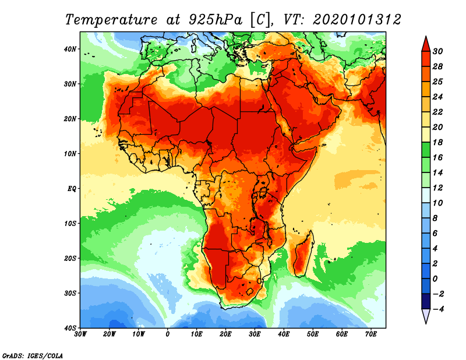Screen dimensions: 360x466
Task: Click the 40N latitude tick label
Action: pos(70,49)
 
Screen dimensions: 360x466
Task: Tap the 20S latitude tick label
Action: pos(70,258)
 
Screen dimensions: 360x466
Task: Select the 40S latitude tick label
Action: pos(70,328)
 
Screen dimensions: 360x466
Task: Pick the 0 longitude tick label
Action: pos(168,334)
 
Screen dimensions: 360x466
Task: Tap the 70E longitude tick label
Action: pos(370,334)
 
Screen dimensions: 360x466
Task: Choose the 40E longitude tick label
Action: pos(284,334)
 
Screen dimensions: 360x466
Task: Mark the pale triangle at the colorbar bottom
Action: pos(426,317)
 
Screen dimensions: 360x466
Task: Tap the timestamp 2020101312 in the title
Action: pos(356,19)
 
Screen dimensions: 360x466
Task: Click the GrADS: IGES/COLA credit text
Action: pos(33,355)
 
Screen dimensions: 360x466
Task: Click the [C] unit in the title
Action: pos(260,19)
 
